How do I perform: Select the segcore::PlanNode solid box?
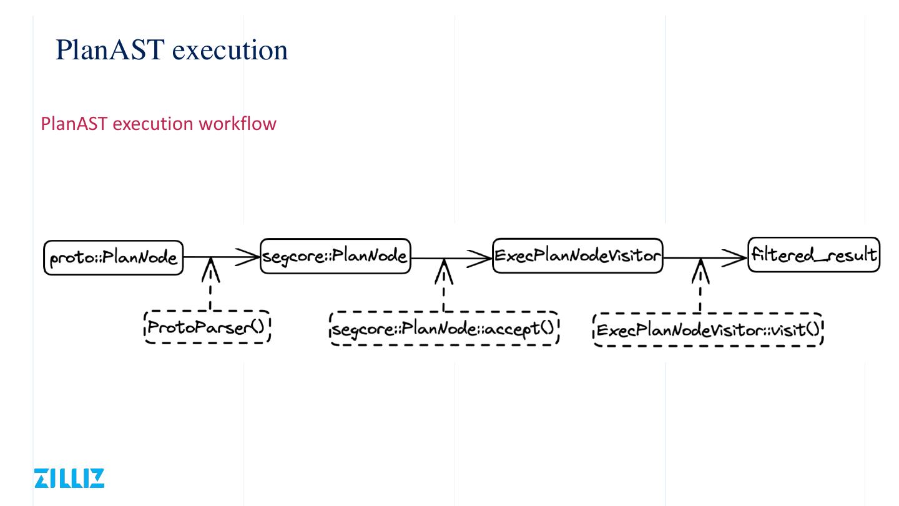[x=335, y=255]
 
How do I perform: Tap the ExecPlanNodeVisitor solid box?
[x=577, y=255]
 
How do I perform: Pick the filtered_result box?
[x=813, y=255]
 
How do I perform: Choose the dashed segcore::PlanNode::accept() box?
[x=444, y=329]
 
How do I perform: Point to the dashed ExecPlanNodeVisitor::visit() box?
[x=707, y=330]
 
